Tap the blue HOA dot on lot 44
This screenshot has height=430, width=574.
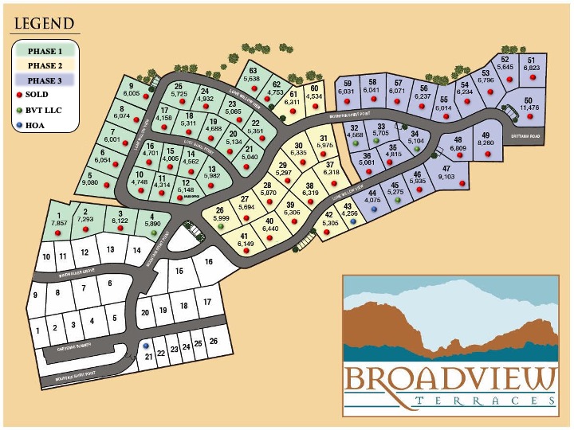point(374,209)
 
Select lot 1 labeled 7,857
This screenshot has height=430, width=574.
point(59,221)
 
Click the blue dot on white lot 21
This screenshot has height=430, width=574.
point(145,346)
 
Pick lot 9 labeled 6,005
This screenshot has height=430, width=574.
point(132,90)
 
